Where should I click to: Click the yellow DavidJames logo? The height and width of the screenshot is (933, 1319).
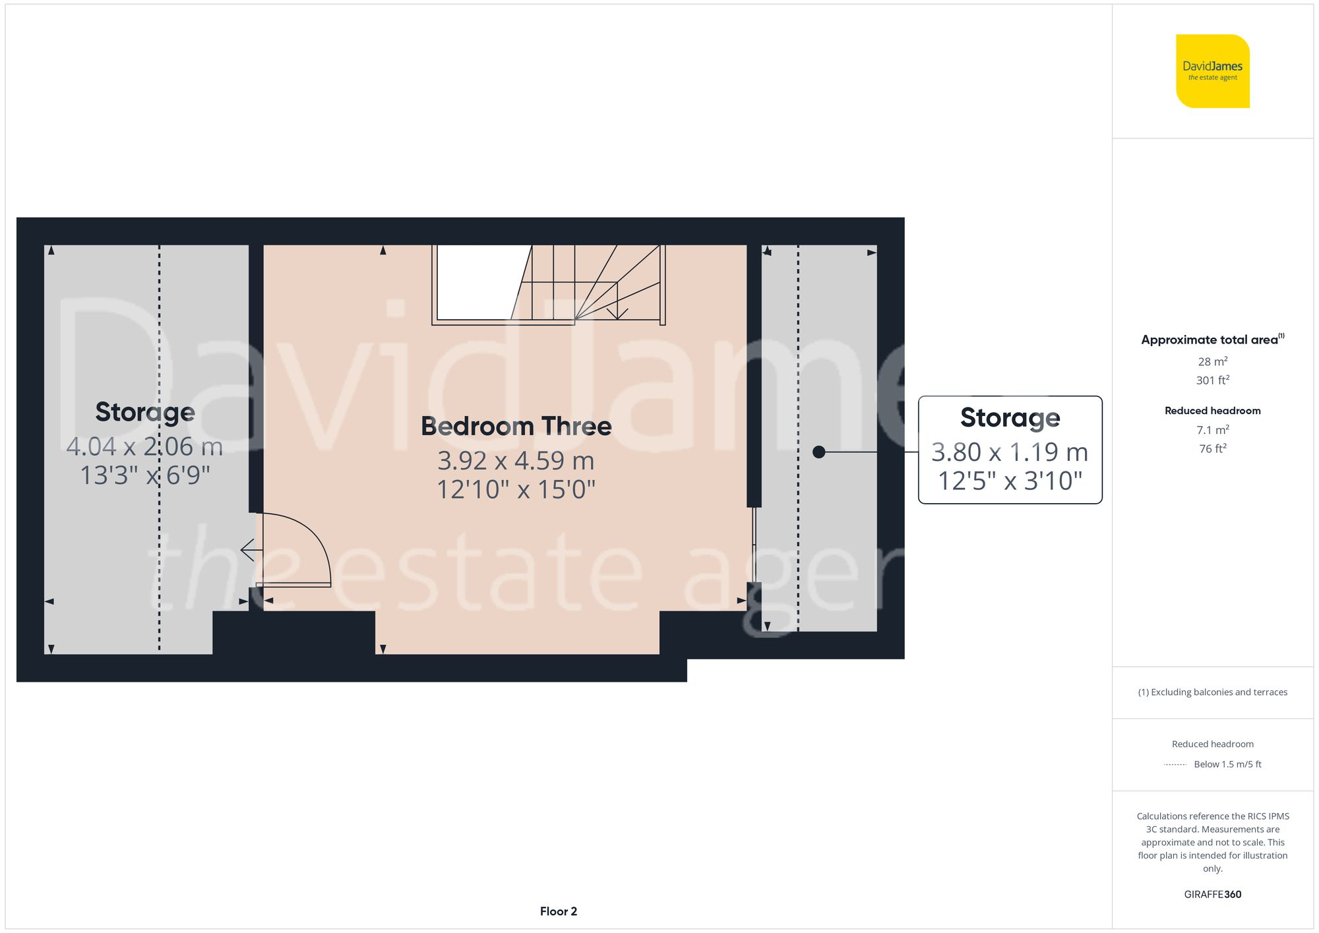pyautogui.click(x=1212, y=71)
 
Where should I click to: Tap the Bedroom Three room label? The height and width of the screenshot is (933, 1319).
pyautogui.click(x=516, y=426)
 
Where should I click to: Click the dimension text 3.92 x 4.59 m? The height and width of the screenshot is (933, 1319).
pyautogui.click(x=516, y=460)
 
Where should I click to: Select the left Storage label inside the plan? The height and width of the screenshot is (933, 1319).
pyautogui.click(x=145, y=412)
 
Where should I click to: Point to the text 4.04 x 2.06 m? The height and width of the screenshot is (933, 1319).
pyautogui.click(x=144, y=446)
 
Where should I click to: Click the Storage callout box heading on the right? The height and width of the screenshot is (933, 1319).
pyautogui.click(x=1010, y=417)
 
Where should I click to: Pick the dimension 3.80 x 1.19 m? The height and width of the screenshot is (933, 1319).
pyautogui.click(x=1010, y=452)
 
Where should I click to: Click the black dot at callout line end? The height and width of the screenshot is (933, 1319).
pyautogui.click(x=819, y=452)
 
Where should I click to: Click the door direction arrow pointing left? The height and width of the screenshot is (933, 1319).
pyautogui.click(x=248, y=549)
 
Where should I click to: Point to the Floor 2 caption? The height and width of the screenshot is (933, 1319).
pyautogui.click(x=558, y=911)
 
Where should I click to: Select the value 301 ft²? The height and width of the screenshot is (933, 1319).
pyautogui.click(x=1212, y=380)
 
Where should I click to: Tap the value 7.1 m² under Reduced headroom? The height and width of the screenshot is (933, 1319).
pyautogui.click(x=1212, y=430)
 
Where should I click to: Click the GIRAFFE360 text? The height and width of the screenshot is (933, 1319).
pyautogui.click(x=1212, y=894)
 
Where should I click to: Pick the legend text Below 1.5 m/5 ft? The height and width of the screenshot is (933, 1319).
pyautogui.click(x=1227, y=764)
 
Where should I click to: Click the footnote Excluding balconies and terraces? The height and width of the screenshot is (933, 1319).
pyautogui.click(x=1212, y=692)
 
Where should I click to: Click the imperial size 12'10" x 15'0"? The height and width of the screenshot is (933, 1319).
pyautogui.click(x=516, y=489)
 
